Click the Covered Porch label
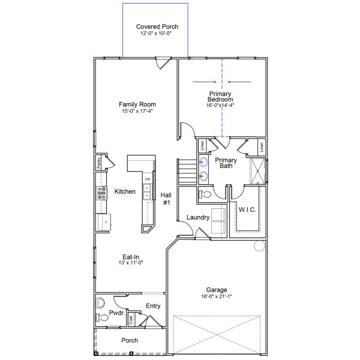(x=157, y=26)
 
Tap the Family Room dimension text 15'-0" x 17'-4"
(x=137, y=111)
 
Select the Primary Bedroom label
(x=220, y=97)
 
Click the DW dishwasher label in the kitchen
(x=148, y=179)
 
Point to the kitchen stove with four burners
(x=102, y=193)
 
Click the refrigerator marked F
(x=104, y=222)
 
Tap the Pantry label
(x=98, y=163)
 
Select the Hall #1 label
(x=166, y=199)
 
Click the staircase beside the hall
(x=187, y=171)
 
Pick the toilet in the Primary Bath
(x=205, y=194)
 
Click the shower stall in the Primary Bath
(x=257, y=171)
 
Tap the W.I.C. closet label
(x=247, y=209)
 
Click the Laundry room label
(x=198, y=217)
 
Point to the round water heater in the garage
(x=260, y=245)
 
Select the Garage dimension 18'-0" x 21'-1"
(x=217, y=296)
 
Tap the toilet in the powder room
(x=102, y=317)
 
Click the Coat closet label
(x=131, y=320)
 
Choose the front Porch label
(x=130, y=340)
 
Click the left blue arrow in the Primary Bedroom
(x=205, y=82)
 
